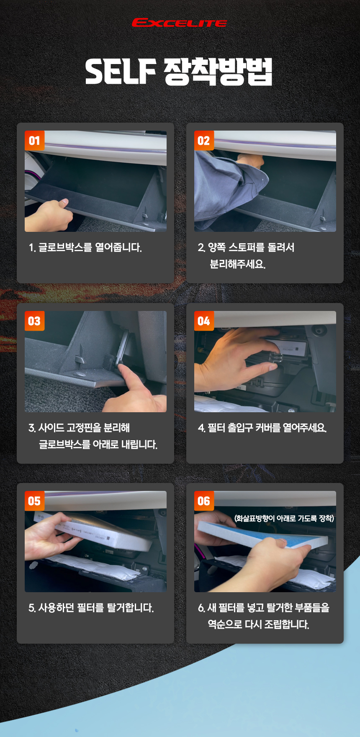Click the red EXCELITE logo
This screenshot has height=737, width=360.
click(180, 23)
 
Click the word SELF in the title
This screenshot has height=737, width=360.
click(121, 72)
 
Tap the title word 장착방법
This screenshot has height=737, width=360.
click(218, 72)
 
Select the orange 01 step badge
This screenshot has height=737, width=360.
click(34, 141)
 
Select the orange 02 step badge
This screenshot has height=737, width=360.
click(204, 141)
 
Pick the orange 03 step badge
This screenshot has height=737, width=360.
click(34, 321)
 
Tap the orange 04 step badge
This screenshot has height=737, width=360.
click(204, 321)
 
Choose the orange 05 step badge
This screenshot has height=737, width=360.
click(34, 501)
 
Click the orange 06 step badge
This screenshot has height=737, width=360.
click(204, 501)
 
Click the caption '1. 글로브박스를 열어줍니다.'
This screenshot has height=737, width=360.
click(85, 247)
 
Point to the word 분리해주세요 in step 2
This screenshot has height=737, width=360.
click(237, 264)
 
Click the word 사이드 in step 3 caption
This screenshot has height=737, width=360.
click(51, 428)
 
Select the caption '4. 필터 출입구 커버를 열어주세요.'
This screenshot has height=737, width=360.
click(262, 428)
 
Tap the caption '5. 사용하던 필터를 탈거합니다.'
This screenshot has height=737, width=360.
click(91, 608)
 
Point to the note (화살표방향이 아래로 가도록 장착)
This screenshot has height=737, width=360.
click(284, 519)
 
